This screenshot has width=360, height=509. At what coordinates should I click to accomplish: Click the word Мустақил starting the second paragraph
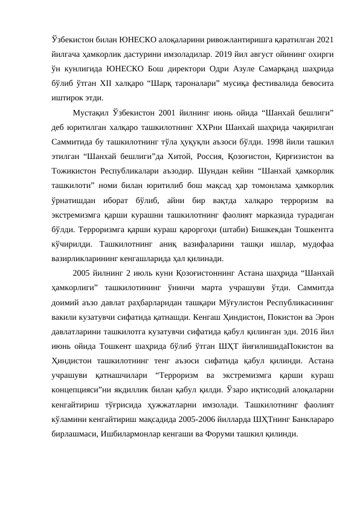(91, 112)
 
